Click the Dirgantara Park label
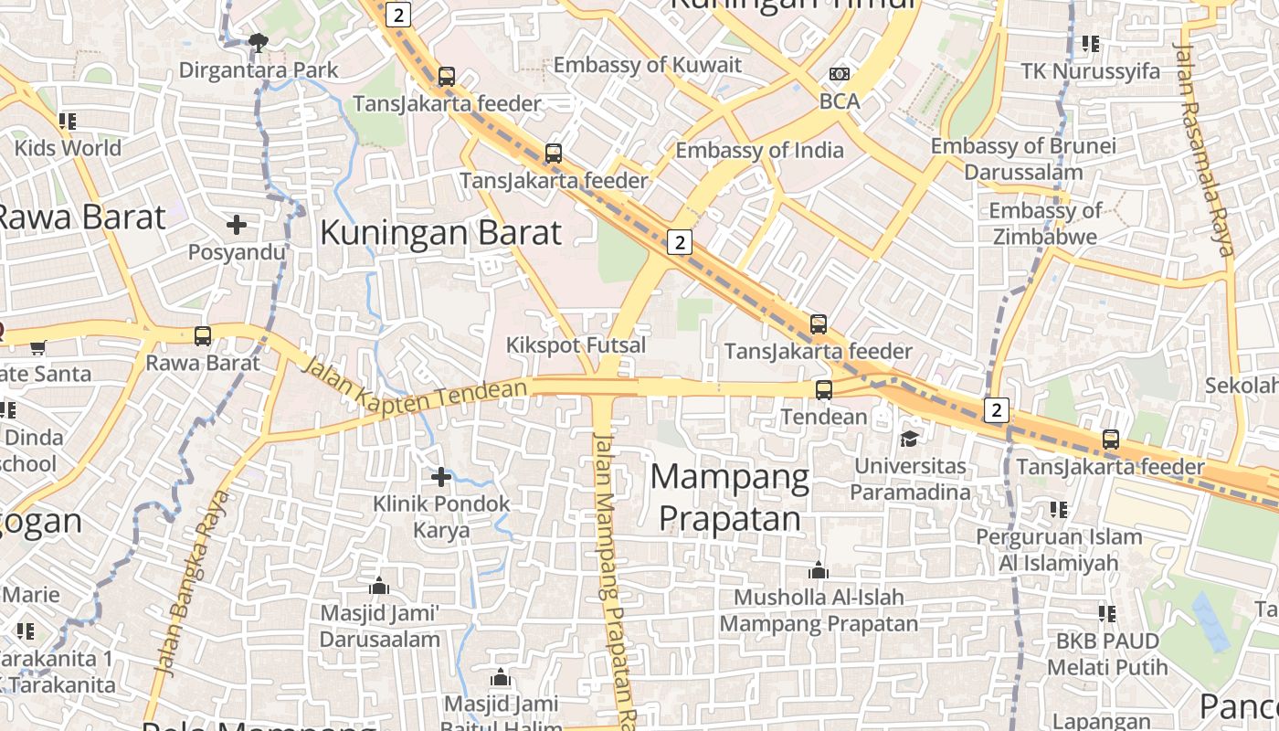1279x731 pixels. click(x=259, y=70)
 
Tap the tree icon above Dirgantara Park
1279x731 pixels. click(x=259, y=41)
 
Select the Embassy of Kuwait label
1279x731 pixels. click(x=648, y=65)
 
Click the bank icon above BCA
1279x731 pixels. click(x=839, y=74)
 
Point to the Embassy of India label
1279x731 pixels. click(x=759, y=151)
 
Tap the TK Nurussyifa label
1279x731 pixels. click(x=1090, y=71)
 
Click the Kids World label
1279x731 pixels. click(x=68, y=148)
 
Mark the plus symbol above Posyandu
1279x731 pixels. click(x=237, y=224)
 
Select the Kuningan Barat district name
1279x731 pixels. click(x=440, y=233)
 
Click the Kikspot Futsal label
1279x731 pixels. click(x=576, y=345)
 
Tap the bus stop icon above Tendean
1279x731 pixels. click(x=823, y=390)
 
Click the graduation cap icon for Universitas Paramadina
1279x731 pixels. click(x=909, y=440)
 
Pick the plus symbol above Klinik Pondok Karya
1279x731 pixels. click(x=441, y=476)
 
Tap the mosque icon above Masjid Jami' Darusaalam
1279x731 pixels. click(x=379, y=586)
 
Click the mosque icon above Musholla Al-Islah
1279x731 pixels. click(x=819, y=571)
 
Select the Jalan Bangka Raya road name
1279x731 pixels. click(x=191, y=583)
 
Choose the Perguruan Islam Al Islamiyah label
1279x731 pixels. click(x=1059, y=549)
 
